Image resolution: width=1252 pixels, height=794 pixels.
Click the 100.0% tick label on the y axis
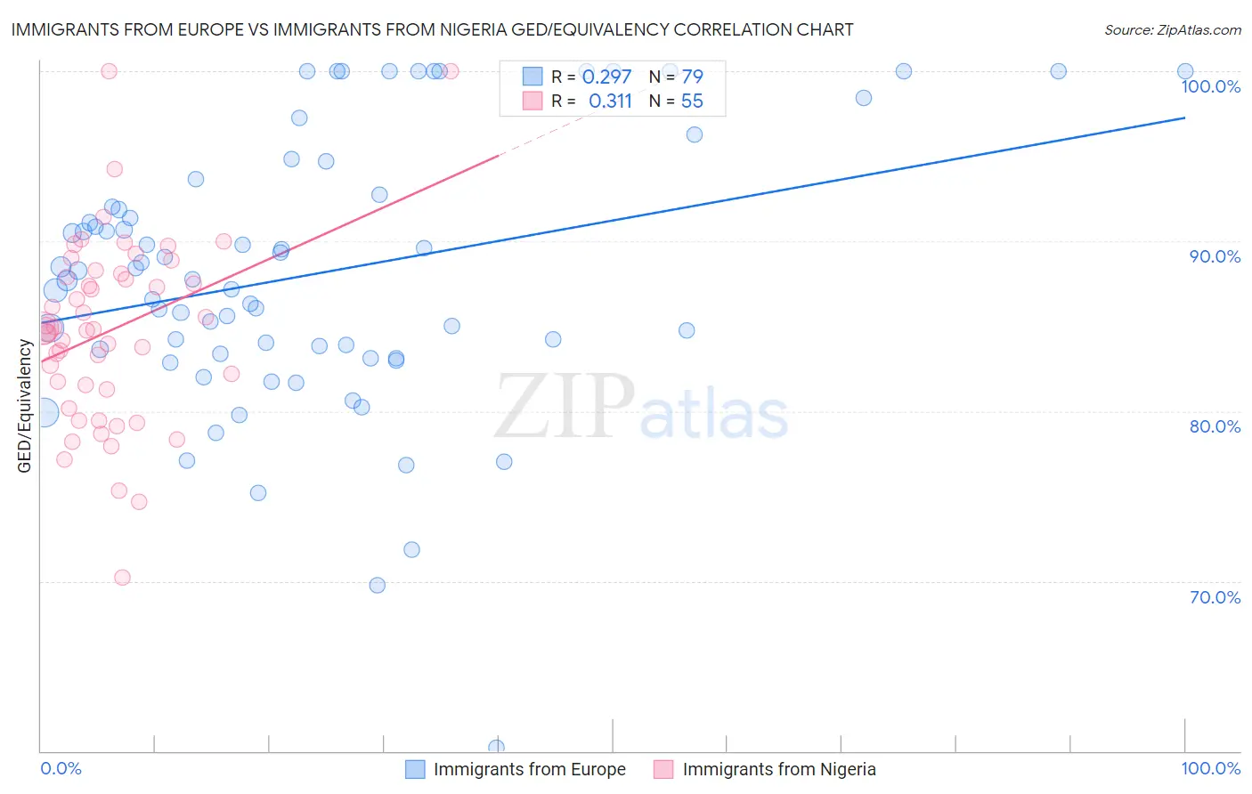[1210, 86]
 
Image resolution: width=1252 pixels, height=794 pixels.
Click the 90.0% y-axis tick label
[1215, 256]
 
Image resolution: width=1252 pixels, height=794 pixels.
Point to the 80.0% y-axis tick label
[1215, 426]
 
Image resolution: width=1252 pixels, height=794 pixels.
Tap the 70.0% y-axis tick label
[1215, 597]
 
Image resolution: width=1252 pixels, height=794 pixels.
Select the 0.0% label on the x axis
[61, 769]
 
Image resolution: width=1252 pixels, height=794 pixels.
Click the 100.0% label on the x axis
[1210, 769]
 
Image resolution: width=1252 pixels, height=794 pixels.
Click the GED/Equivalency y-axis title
[25, 406]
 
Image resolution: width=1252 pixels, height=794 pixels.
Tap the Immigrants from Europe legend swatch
[415, 769]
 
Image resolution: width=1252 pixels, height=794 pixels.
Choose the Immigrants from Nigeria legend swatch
[663, 769]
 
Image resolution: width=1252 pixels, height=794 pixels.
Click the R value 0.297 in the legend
[606, 77]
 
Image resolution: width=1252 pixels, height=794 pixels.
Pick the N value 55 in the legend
[692, 101]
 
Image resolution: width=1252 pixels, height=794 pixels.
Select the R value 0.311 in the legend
[610, 101]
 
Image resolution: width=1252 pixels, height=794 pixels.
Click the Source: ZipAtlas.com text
[1172, 30]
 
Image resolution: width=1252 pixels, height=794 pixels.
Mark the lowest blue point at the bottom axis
[496, 748]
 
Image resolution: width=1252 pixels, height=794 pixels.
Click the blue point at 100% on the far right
[1185, 71]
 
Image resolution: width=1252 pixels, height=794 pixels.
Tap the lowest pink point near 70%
[123, 578]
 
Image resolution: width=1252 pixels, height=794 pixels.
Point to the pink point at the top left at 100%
[109, 71]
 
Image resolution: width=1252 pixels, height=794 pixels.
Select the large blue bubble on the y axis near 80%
[42, 412]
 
